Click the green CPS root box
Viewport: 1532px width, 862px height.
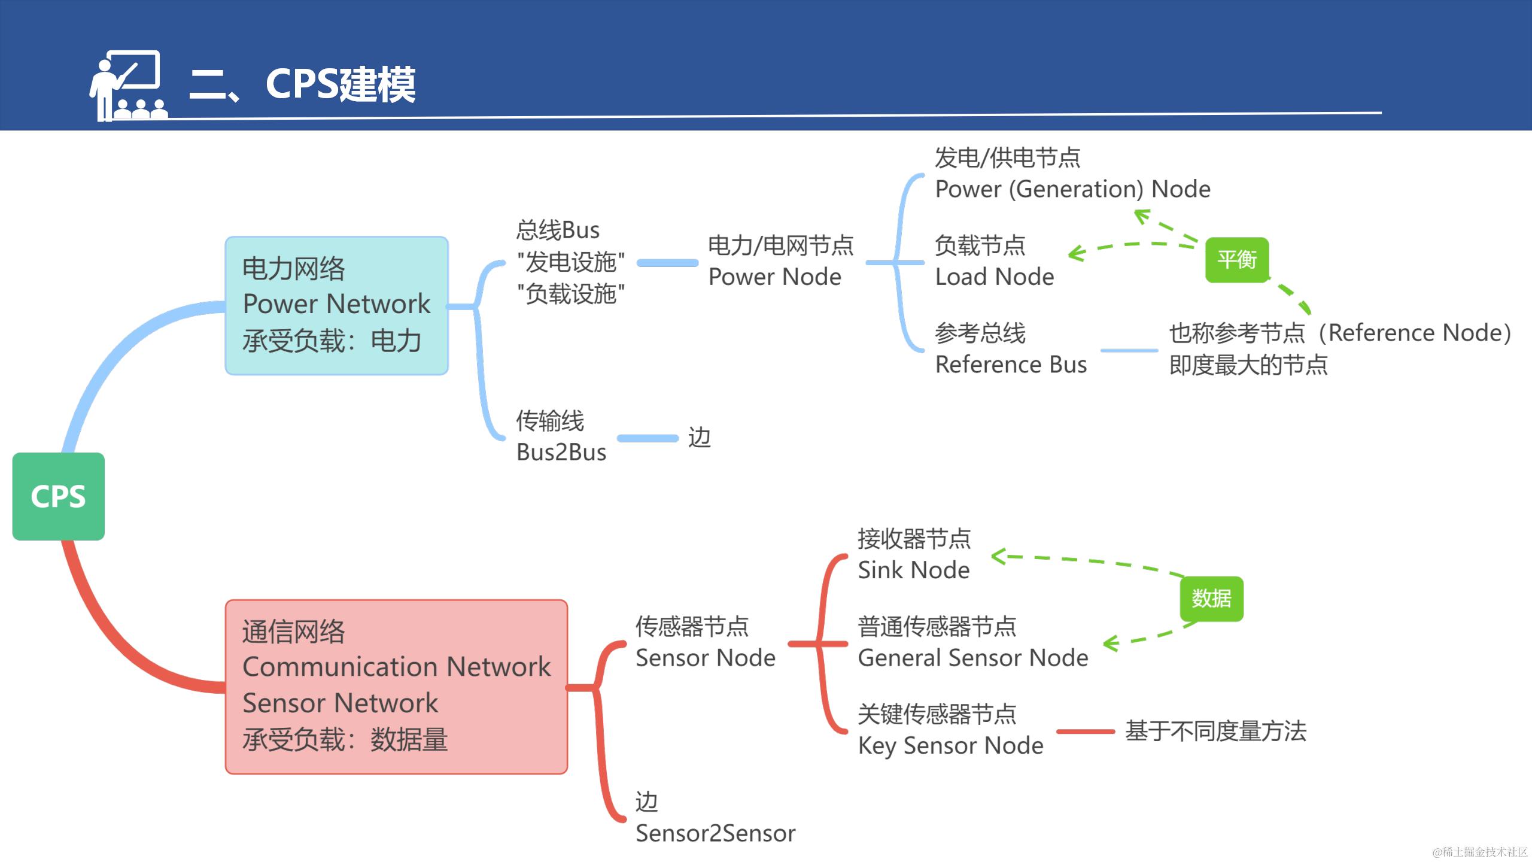tap(58, 496)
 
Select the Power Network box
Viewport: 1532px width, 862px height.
tap(336, 305)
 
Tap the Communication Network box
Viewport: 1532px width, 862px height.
tap(396, 686)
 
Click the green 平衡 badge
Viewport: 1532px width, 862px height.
tap(1236, 260)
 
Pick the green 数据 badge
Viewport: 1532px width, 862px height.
tap(1211, 599)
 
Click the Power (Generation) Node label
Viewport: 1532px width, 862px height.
tap(1072, 189)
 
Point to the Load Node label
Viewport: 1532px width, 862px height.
tap(994, 277)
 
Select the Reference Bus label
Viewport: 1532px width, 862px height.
tap(1010, 364)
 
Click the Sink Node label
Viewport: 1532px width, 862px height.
tap(913, 570)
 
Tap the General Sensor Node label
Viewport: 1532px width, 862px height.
tap(972, 657)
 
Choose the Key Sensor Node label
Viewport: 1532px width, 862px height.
tap(950, 745)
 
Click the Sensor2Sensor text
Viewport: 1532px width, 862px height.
tap(715, 833)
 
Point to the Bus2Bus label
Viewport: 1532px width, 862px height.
tap(561, 452)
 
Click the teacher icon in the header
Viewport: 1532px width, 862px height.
tap(127, 86)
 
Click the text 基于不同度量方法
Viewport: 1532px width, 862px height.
tap(1215, 731)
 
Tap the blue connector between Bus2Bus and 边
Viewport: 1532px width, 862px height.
tap(648, 438)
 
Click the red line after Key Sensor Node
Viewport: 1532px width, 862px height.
tap(1085, 731)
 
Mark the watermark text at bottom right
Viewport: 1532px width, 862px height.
tap(1479, 851)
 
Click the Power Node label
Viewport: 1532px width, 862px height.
tap(774, 277)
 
